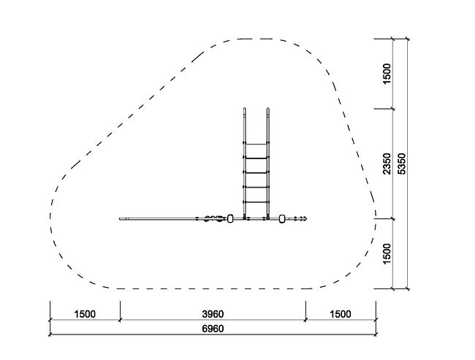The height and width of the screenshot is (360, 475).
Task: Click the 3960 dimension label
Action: click(213, 314)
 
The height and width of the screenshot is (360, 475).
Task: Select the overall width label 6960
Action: click(213, 329)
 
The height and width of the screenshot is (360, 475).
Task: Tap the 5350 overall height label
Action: click(402, 164)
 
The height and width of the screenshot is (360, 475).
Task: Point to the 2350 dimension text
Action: click(387, 164)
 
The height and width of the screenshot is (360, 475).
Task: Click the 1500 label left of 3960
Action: click(85, 314)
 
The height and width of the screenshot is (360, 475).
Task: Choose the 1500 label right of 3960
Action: click(341, 314)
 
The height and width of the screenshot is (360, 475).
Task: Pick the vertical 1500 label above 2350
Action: click(387, 74)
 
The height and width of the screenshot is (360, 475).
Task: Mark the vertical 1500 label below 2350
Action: click(387, 253)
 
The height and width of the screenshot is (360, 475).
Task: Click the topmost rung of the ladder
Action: click(256, 144)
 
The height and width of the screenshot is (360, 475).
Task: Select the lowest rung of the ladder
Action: click(256, 202)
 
